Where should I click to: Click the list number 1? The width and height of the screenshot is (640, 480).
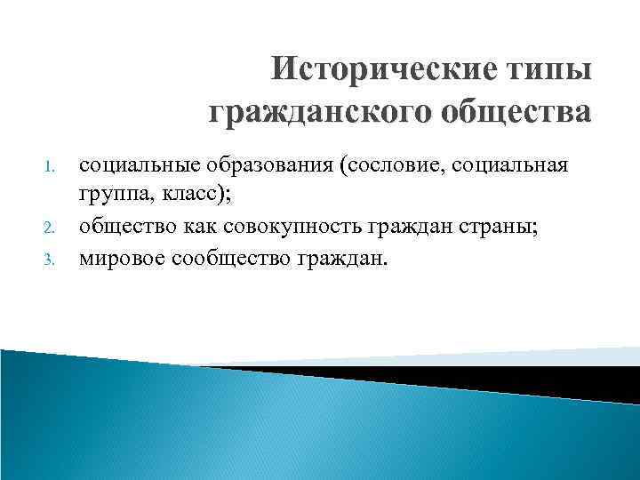tap(50, 166)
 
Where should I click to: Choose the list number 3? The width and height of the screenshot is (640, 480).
tap(50, 260)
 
